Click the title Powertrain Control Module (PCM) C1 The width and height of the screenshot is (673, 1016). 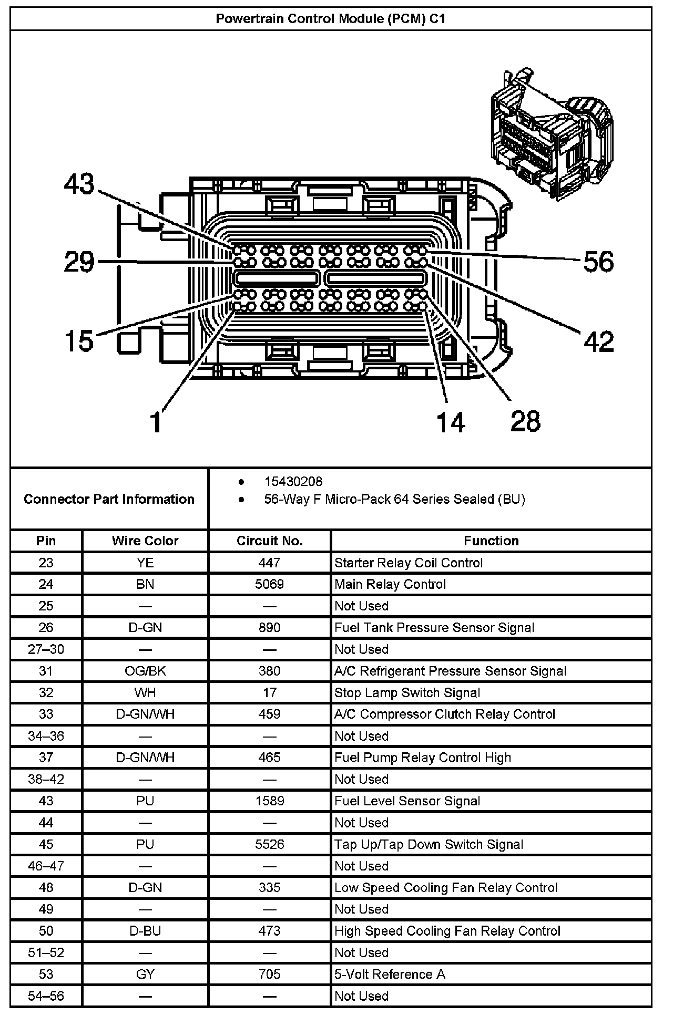click(331, 19)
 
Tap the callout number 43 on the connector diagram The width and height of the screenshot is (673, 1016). click(79, 184)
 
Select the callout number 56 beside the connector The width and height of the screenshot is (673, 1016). click(598, 261)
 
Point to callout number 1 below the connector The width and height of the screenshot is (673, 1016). click(156, 421)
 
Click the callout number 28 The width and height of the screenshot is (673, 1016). click(525, 421)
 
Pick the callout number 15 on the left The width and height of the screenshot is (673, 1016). click(79, 340)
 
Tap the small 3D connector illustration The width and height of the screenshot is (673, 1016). click(550, 134)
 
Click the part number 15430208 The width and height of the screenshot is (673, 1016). click(293, 481)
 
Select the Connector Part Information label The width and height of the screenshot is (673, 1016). click(109, 499)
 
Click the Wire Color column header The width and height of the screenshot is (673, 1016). click(145, 541)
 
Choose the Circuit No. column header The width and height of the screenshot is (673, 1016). click(269, 541)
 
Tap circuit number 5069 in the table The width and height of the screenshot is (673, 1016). click(269, 584)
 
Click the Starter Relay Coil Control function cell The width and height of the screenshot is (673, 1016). click(408, 563)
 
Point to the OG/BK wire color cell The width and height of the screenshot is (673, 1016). click(145, 671)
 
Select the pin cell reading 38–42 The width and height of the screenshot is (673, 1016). click(46, 779)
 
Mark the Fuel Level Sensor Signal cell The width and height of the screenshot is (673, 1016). click(407, 801)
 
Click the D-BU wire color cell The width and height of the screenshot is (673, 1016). click(145, 930)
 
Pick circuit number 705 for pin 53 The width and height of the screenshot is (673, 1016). click(269, 974)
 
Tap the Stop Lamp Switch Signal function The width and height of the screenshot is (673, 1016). click(407, 692)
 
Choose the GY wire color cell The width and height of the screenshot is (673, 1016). click(145, 974)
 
